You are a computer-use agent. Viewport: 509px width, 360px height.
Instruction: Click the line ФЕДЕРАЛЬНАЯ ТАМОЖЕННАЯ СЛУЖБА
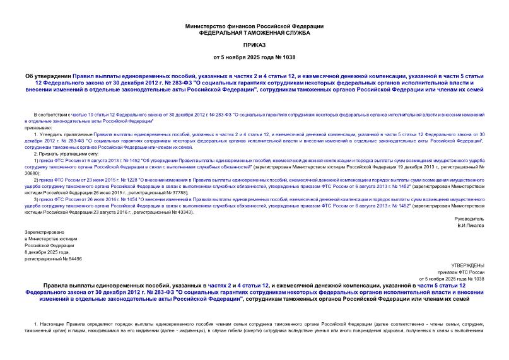(x=254, y=32)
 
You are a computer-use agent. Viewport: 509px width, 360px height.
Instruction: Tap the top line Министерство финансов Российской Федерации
(x=254, y=26)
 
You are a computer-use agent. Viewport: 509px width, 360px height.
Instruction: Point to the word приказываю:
(x=37, y=127)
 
